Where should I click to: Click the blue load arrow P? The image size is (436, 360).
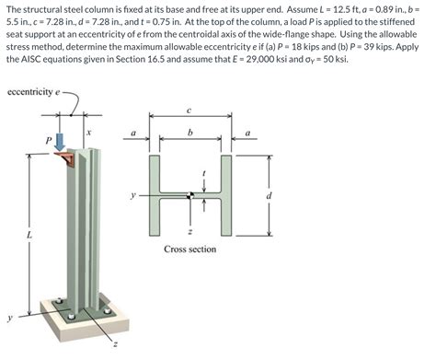point(61,141)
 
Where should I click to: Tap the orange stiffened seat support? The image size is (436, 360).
point(65,158)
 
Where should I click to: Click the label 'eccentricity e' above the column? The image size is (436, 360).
point(33,92)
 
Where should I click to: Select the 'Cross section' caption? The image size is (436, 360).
point(190,249)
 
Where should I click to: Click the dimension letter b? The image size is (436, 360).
point(190,133)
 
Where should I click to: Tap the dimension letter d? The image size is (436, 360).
point(269,195)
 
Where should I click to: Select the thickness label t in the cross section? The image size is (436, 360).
point(203,173)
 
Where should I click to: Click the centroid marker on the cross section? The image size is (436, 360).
point(190,195)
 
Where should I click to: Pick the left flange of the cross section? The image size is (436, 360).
point(155,195)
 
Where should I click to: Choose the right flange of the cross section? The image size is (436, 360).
point(226,195)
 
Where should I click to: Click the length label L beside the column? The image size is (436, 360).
point(29,236)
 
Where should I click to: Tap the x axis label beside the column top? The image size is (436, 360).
point(88,133)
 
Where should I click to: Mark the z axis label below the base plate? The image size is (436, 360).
point(115,345)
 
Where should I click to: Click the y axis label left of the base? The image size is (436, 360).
point(9,319)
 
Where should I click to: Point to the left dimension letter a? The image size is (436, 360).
point(133,134)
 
